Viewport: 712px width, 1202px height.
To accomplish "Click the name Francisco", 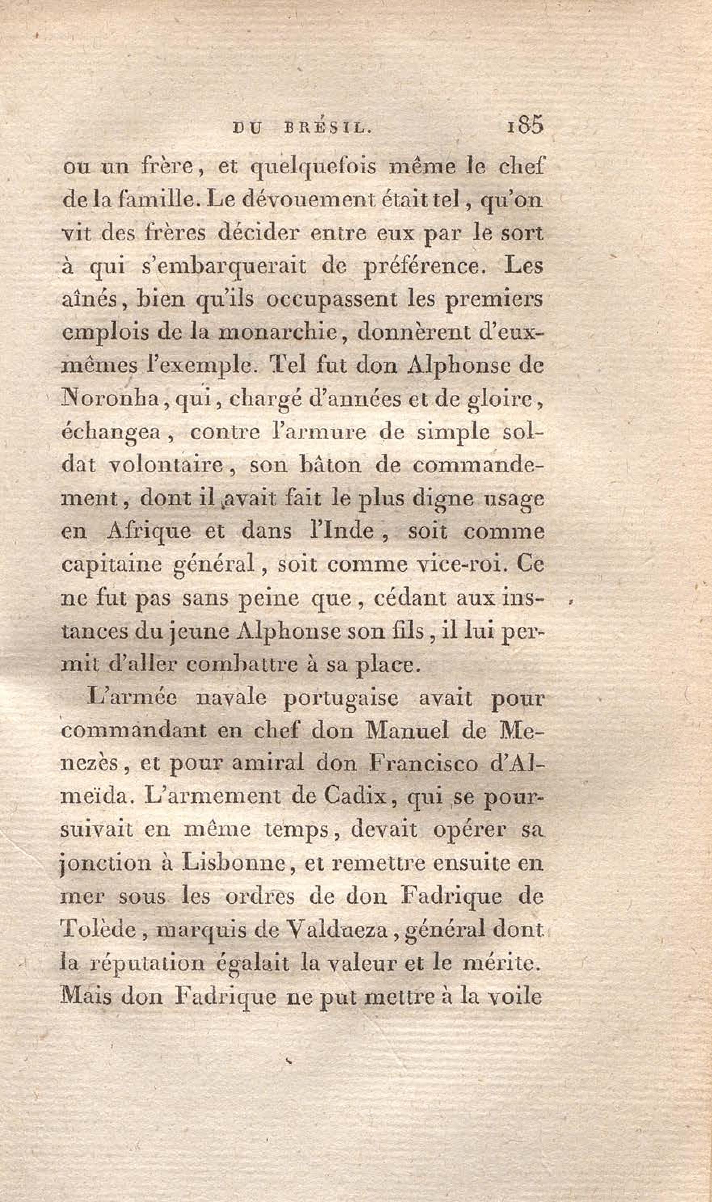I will [x=422, y=763].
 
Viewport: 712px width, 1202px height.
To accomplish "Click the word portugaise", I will [x=341, y=699].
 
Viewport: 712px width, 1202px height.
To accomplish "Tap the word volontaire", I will [x=166, y=466].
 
